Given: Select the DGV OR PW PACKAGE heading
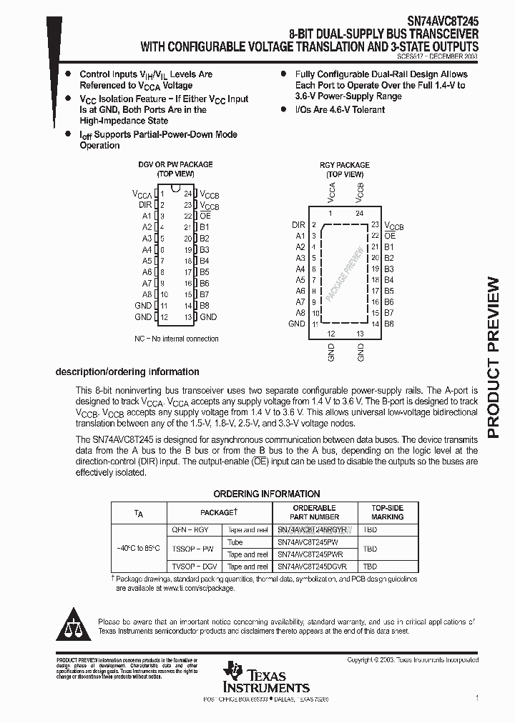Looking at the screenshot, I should (175, 164).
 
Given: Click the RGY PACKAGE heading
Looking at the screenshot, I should (345, 165).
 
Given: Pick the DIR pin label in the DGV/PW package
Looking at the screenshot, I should (145, 204).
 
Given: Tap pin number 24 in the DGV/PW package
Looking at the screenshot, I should (188, 194).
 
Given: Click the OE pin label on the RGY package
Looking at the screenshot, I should (390, 235).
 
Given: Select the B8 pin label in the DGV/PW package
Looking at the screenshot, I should (205, 306).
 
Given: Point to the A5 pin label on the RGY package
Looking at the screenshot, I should (300, 280).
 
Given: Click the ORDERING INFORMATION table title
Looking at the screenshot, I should (267, 494).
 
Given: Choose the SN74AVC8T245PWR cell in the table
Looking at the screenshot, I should (310, 554).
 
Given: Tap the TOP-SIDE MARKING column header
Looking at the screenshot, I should (387, 512).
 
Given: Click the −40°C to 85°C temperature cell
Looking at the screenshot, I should (139, 548).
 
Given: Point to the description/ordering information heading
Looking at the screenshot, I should (127, 372).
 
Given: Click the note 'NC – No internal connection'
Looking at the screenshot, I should (177, 339).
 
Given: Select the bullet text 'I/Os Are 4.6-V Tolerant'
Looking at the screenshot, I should (340, 109).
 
